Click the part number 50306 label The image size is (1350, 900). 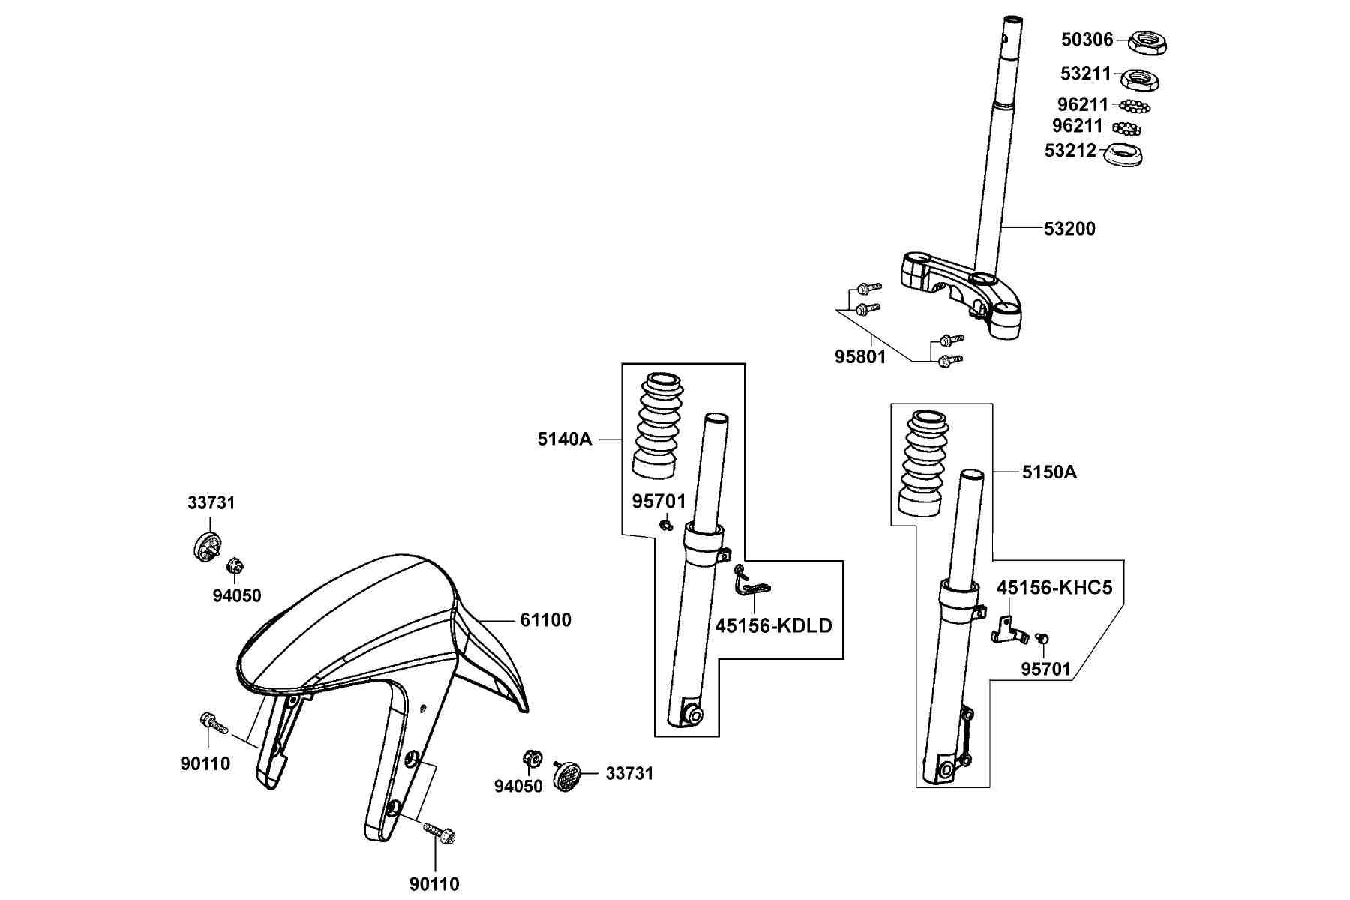[x=1087, y=39]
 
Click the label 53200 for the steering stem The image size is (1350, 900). [x=1069, y=228]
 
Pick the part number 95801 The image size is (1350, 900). [x=860, y=357]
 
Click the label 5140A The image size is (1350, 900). [x=564, y=439]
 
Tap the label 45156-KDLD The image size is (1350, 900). [x=773, y=625]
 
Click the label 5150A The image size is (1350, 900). [x=1049, y=472]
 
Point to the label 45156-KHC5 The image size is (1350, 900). [x=1054, y=587]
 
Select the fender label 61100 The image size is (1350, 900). [x=545, y=620]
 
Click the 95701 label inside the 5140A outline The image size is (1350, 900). [x=658, y=501]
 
